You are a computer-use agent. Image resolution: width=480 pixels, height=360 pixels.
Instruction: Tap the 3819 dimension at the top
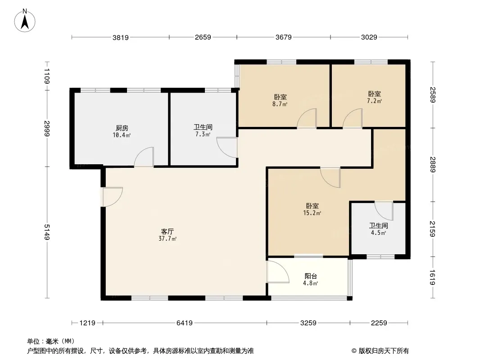coord(121,38)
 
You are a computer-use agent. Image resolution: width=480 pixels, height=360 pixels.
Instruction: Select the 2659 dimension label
coord(203,37)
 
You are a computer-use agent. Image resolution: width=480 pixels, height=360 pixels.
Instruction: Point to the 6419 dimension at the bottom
coord(184,323)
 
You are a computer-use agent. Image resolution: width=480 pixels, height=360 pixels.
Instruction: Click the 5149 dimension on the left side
coord(47,232)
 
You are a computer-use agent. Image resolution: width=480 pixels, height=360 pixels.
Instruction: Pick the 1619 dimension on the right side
coord(432,277)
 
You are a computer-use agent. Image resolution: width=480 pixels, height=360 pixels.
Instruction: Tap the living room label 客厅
coord(168,232)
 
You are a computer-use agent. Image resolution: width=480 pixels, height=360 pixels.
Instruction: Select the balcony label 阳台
coord(311,276)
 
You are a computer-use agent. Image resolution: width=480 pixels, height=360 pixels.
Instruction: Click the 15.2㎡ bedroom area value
coord(312,213)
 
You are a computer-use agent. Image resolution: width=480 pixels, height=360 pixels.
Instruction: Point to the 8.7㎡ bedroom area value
coord(280,104)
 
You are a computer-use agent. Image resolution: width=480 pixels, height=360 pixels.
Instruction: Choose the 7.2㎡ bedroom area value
coord(374,101)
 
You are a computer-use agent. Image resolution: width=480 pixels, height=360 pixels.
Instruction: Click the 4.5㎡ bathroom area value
coord(378,233)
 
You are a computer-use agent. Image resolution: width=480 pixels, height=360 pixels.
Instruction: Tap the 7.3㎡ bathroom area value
coord(203,134)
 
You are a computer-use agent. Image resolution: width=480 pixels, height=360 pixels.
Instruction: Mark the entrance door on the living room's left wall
coord(113,197)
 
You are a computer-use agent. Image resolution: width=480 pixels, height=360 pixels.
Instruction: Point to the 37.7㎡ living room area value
coord(168,238)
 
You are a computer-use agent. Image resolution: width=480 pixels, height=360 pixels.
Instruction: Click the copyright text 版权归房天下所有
coord(384,351)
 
